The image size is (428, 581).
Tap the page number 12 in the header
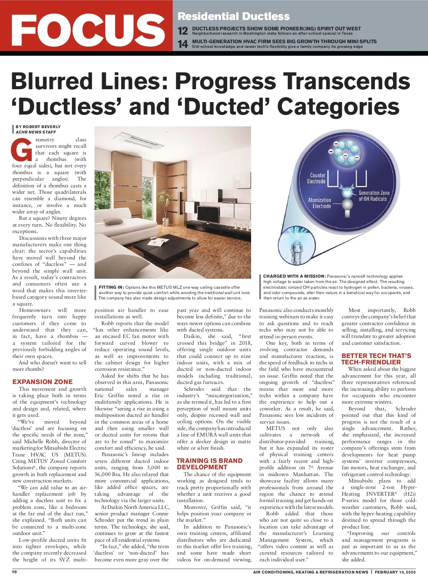pyautogui.click(x=183, y=31)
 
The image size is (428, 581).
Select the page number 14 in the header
pyautogui.click(x=183, y=44)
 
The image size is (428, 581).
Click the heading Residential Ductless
pyautogui.click(x=234, y=16)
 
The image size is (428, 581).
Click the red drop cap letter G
pyautogui.click(x=22, y=149)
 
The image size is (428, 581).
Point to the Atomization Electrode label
pyautogui.click(x=320, y=203)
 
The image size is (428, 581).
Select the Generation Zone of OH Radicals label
pyautogui.click(x=374, y=196)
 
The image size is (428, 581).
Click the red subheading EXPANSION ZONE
pyautogui.click(x=42, y=382)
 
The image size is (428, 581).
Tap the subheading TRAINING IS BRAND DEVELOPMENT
pyautogui.click(x=209, y=464)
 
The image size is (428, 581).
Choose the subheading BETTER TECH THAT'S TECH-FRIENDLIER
pyautogui.click(x=376, y=359)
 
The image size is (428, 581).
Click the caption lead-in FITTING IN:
pyautogui.click(x=111, y=287)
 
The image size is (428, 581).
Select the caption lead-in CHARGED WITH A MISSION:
pyautogui.click(x=294, y=276)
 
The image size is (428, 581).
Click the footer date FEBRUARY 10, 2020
pyautogui.click(x=395, y=572)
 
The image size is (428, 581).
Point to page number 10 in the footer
pyautogui.click(x=14, y=572)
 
